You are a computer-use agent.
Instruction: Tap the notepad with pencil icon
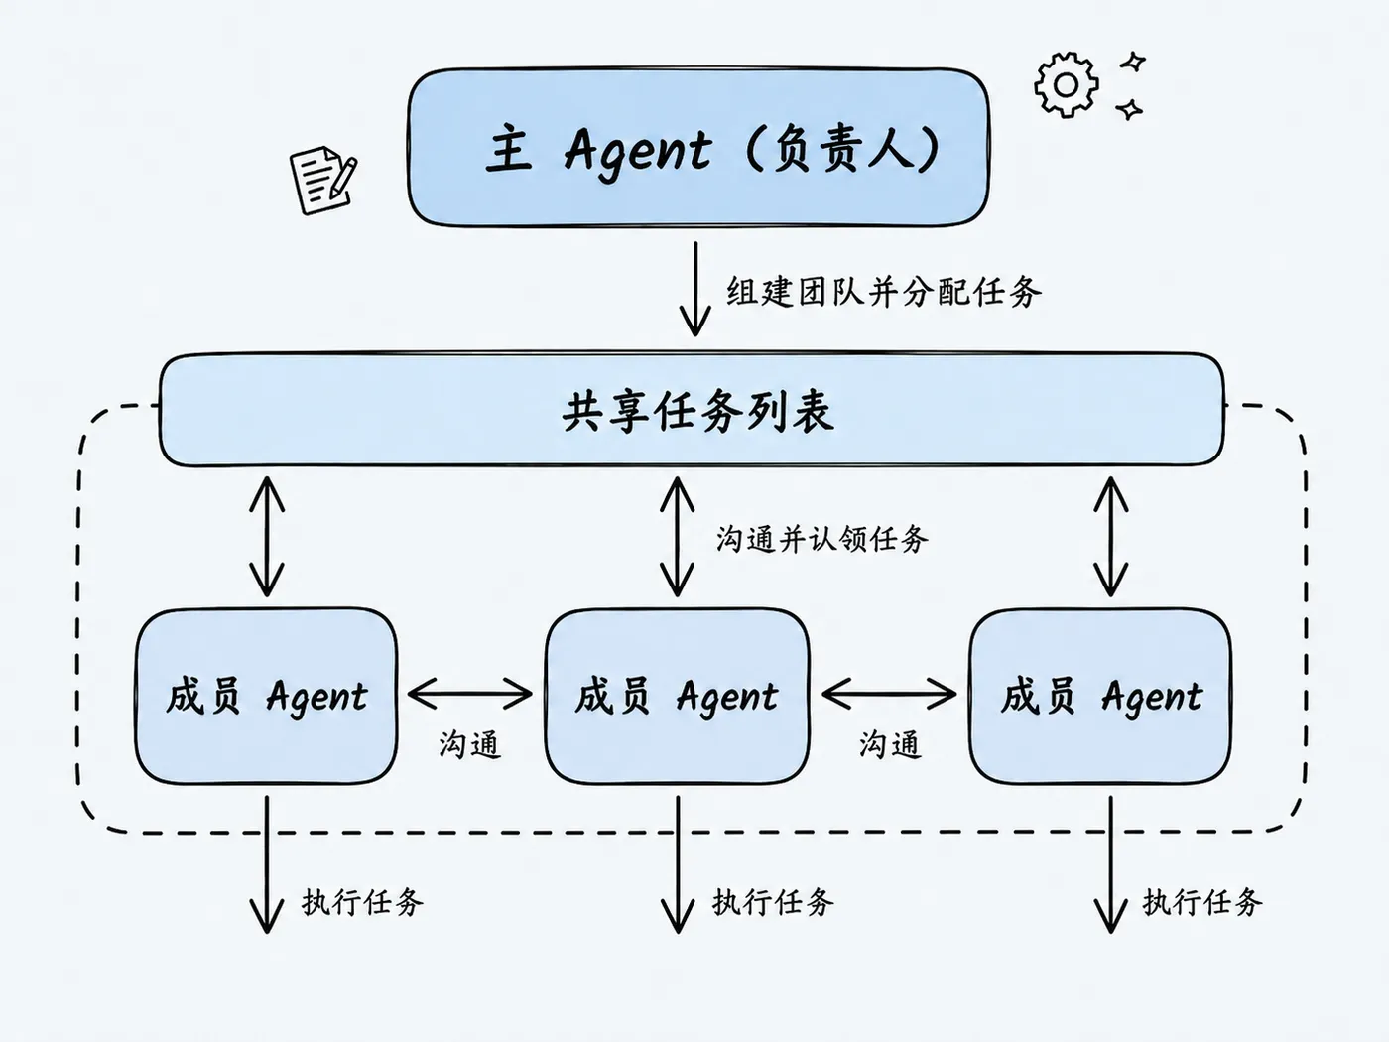click(323, 180)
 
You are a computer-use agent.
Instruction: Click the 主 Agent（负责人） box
click(698, 147)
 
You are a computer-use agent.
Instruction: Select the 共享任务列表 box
click(692, 410)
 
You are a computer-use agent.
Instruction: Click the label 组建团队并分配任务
click(884, 292)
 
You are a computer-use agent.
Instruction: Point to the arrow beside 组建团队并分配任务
click(695, 289)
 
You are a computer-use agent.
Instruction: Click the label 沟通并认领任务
click(822, 539)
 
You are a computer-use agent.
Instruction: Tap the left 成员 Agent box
click(267, 696)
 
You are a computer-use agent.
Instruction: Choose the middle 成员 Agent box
click(677, 696)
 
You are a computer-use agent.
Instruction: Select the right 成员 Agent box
click(1100, 696)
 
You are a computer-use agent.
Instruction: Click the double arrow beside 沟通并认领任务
click(677, 537)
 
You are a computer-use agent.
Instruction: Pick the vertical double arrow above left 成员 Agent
click(267, 537)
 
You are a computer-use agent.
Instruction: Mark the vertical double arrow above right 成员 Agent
click(1111, 537)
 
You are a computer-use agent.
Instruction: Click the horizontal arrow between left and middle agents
click(470, 694)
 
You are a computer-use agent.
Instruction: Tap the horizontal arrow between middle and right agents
click(889, 694)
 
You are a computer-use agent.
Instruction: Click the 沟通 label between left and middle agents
click(470, 744)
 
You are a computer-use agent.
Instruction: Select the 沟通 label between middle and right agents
click(890, 744)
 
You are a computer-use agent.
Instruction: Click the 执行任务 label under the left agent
click(362, 902)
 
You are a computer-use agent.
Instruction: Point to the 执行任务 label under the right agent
click(1202, 902)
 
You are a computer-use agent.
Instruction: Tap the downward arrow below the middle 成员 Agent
click(678, 864)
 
